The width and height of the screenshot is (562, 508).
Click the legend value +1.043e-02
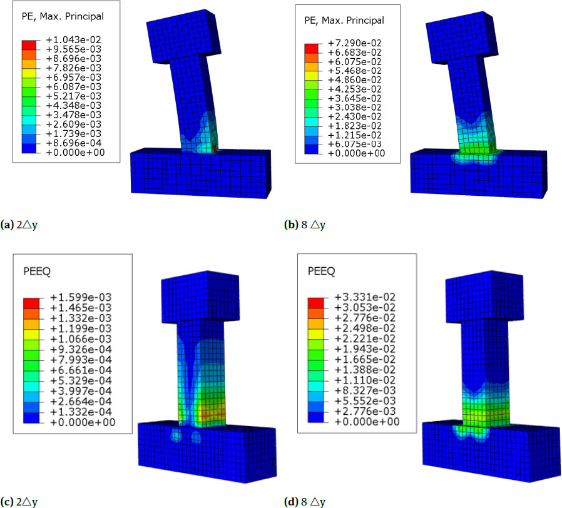(74, 39)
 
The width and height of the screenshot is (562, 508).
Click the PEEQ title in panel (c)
(34, 272)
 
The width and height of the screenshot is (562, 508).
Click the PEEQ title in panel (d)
(321, 272)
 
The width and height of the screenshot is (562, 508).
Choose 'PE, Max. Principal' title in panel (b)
(343, 20)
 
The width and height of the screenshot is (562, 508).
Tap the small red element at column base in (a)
(215, 149)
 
